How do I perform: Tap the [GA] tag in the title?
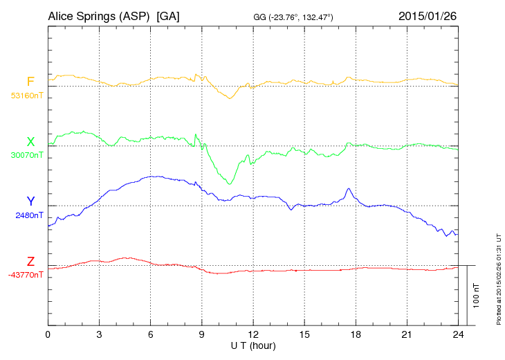pyautogui.click(x=169, y=15)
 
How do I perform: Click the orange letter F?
pyautogui.click(x=30, y=82)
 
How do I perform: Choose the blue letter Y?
pyautogui.click(x=30, y=201)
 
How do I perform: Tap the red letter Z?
pyautogui.click(x=30, y=261)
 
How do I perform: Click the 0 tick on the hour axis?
pyautogui.click(x=48, y=334)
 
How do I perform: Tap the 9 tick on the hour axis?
pyautogui.click(x=202, y=334)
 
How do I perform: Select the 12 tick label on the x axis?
pyautogui.click(x=253, y=334)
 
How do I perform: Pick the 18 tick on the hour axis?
pyautogui.click(x=356, y=334)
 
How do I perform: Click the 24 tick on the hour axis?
pyautogui.click(x=458, y=334)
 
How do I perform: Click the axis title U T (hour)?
pyautogui.click(x=253, y=345)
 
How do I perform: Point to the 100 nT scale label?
pyautogui.click(x=477, y=295)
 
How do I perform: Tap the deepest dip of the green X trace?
pyautogui.click(x=230, y=184)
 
